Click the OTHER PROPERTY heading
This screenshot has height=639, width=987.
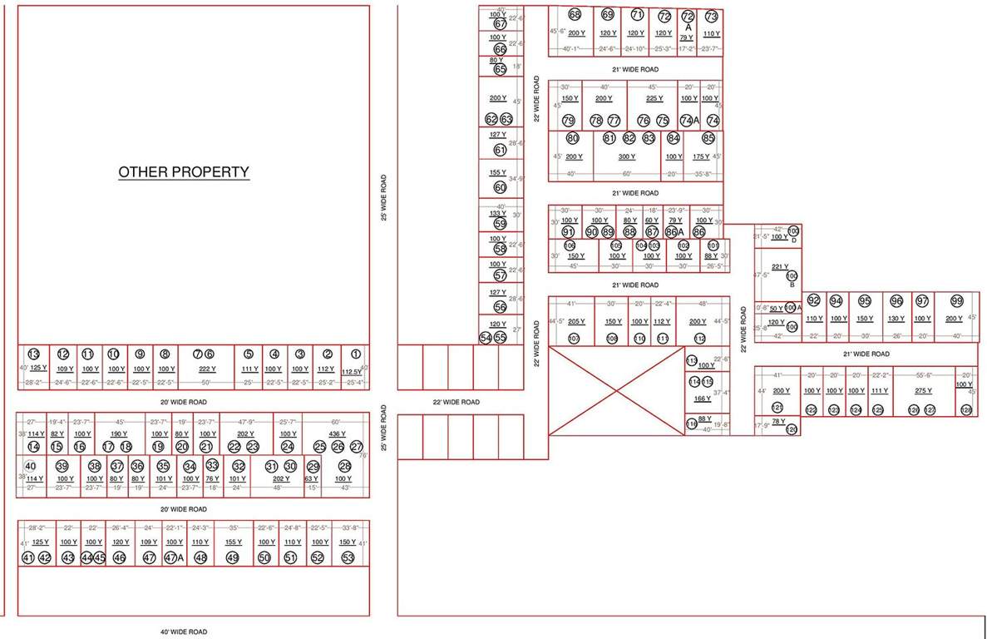point(184,172)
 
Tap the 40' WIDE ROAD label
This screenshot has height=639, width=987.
point(183,632)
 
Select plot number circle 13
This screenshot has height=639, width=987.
point(34,354)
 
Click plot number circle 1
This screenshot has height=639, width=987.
point(355,354)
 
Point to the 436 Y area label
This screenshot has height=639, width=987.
point(337,434)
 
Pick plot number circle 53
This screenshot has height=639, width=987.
point(348,557)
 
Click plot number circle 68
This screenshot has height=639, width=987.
point(575,15)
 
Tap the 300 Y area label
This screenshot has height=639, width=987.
point(626,156)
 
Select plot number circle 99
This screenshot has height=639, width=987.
point(957,301)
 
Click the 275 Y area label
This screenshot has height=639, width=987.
point(923,390)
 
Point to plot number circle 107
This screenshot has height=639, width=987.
point(574,339)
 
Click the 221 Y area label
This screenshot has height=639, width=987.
point(780,266)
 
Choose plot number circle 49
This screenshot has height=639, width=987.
point(233,557)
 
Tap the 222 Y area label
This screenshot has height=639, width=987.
point(207,369)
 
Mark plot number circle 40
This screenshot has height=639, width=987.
point(31,466)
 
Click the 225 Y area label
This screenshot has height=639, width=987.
point(655,99)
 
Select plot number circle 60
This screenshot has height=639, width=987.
point(500,187)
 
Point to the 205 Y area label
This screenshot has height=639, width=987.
point(576,322)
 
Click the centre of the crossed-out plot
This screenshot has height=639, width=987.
point(615,389)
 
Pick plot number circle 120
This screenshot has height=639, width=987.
point(791,429)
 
